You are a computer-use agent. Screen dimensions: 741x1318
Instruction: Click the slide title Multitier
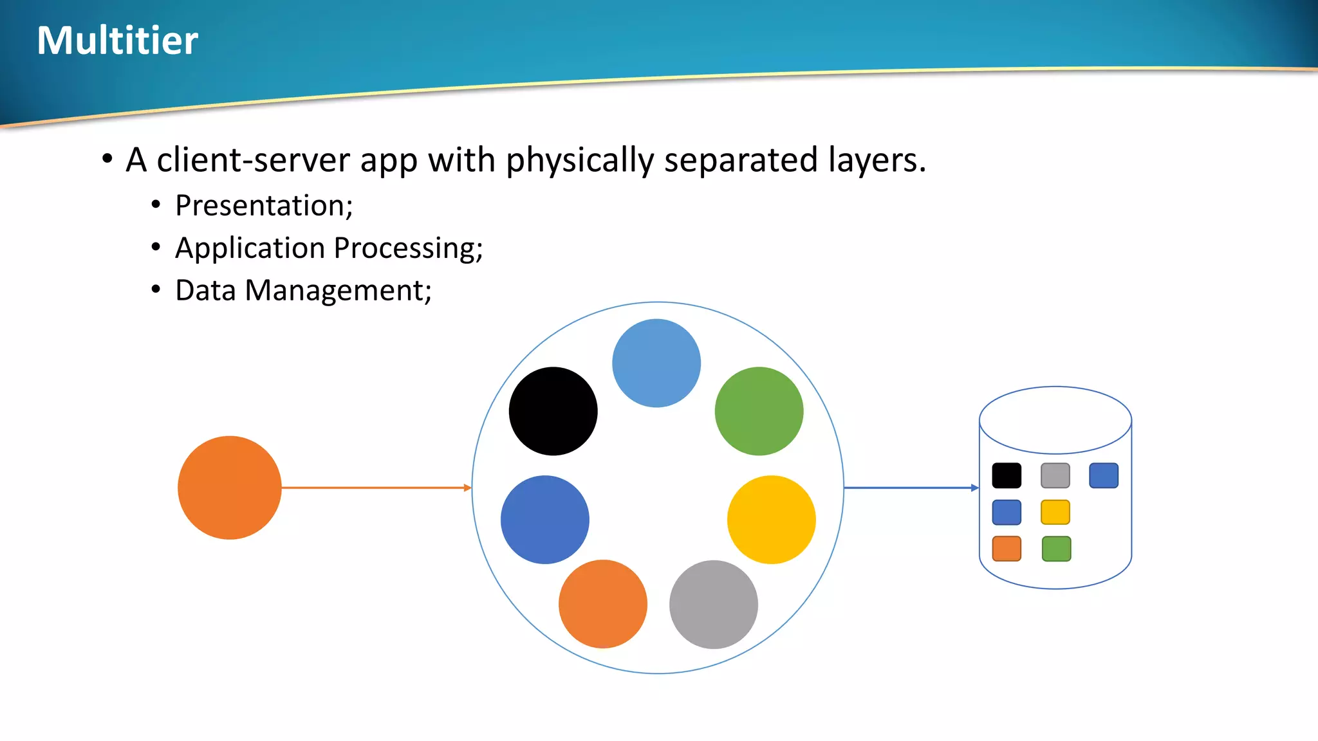coord(118,41)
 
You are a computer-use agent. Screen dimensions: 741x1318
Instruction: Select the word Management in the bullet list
coord(337,291)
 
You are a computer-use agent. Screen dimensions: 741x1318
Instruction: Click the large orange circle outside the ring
coord(230,488)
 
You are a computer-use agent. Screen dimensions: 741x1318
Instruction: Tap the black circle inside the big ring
coord(553,411)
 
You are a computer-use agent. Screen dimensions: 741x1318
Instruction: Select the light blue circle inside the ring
coord(656,363)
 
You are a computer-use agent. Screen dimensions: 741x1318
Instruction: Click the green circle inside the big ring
coord(759,411)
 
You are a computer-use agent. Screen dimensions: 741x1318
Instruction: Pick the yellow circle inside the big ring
coord(771,519)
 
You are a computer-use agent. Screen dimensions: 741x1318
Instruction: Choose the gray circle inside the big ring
coord(713,604)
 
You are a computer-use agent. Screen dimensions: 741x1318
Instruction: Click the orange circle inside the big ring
coord(602,603)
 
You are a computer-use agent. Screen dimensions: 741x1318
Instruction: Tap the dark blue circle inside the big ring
coord(544,519)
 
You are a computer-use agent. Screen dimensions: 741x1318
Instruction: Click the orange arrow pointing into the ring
coord(376,488)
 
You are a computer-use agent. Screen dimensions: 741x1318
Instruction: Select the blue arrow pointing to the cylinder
coord(911,488)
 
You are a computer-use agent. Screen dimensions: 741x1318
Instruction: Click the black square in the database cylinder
coord(1007,475)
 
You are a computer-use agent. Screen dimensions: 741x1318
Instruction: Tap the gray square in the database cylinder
coord(1055,475)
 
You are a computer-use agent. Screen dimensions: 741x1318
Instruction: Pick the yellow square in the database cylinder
coord(1055,512)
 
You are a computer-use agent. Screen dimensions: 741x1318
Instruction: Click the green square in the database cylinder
coord(1056,549)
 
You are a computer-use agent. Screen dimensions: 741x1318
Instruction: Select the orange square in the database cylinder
coord(1007,549)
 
